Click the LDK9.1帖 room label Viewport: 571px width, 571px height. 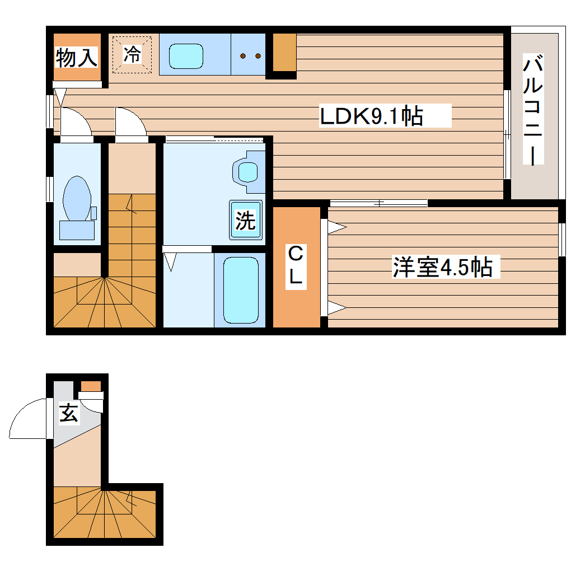pos(371,116)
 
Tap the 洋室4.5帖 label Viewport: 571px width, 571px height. pos(442,268)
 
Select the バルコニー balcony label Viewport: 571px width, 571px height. pos(533,110)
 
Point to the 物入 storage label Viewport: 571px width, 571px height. pos(77,57)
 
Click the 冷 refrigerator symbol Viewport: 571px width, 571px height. pos(133,54)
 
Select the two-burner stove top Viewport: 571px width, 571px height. pos(250,55)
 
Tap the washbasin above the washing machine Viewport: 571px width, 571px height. pos(247,171)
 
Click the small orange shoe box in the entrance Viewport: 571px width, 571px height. pos(91,386)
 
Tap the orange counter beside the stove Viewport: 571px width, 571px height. pos(285,53)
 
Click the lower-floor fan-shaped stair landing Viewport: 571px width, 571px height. pos(104,513)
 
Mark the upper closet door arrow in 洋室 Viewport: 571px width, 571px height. pos(335,227)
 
